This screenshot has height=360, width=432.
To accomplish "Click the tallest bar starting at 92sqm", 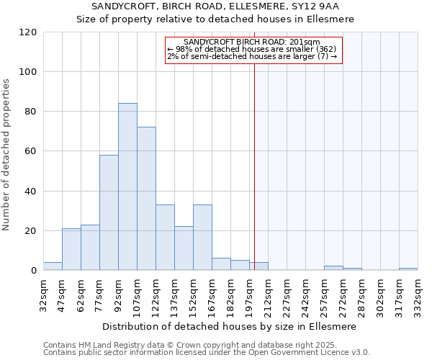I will point(127,187).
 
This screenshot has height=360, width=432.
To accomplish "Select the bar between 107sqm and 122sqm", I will point(146,199).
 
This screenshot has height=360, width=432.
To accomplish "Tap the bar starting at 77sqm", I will point(109,212).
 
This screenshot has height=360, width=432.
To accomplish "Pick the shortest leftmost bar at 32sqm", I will point(53,266).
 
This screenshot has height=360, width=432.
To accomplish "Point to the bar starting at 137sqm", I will point(184,248).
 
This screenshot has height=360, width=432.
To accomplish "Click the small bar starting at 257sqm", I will point(333,269).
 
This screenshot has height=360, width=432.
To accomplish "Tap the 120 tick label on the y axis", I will point(28,32).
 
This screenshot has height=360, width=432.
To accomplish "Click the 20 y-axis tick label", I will point(31,231).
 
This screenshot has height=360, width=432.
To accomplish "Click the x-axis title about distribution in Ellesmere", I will point(230,326).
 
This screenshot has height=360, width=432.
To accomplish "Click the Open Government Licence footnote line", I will point(207,353).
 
